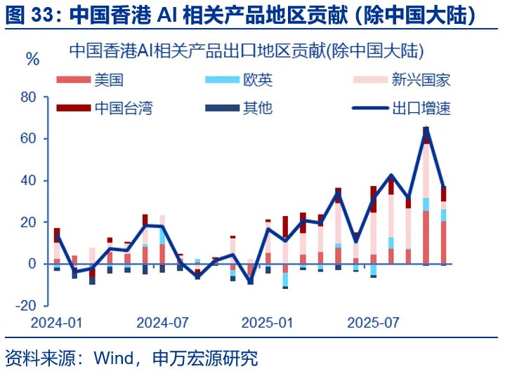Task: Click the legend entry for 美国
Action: [x=109, y=79]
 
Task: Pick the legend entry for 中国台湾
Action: [x=124, y=108]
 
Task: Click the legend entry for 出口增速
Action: [x=421, y=108]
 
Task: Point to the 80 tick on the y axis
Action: [x=29, y=97]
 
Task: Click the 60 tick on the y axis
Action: [x=29, y=139]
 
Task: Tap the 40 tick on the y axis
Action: [x=29, y=180]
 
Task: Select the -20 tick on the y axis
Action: [x=26, y=305]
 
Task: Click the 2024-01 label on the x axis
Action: [x=57, y=323]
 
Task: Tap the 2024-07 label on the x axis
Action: [x=162, y=323]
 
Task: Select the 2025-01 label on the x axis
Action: [x=267, y=323]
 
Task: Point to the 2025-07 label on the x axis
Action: [x=373, y=323]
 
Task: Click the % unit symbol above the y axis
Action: [x=32, y=59]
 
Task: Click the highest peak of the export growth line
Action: [x=426, y=128]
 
